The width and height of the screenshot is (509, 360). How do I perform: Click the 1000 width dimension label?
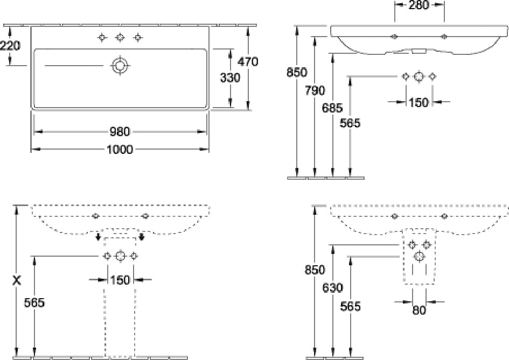[x=120, y=150]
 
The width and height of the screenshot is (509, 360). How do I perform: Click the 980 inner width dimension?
[x=120, y=131]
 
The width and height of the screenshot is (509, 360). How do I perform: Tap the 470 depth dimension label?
[x=248, y=61]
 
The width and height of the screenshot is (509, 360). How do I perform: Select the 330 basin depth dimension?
[x=230, y=78]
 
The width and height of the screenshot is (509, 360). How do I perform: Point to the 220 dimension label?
[x=10, y=45]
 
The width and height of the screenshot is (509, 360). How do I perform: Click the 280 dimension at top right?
[x=419, y=5]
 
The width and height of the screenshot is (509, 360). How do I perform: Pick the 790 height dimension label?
[x=315, y=90]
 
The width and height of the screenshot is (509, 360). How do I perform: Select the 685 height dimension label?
[x=332, y=107]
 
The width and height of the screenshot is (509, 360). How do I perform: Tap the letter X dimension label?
[x=16, y=280]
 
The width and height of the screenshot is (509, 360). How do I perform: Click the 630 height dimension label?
[x=333, y=288]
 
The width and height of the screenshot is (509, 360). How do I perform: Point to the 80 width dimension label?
[x=419, y=310]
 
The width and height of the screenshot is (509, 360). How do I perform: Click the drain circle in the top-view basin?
[x=120, y=66]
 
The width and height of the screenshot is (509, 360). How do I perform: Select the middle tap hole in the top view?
[x=120, y=38]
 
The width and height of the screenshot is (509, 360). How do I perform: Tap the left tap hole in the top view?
[x=102, y=38]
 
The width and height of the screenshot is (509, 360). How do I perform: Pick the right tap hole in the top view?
[x=138, y=38]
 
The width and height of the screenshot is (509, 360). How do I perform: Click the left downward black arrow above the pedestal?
[x=97, y=237]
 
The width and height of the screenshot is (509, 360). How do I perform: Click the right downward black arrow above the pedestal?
[x=141, y=237]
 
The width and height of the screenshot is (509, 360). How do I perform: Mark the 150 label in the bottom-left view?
[x=120, y=280]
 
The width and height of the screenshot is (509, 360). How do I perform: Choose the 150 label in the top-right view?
[x=419, y=102]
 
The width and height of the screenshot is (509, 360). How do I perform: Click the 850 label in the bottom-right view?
[x=315, y=270]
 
